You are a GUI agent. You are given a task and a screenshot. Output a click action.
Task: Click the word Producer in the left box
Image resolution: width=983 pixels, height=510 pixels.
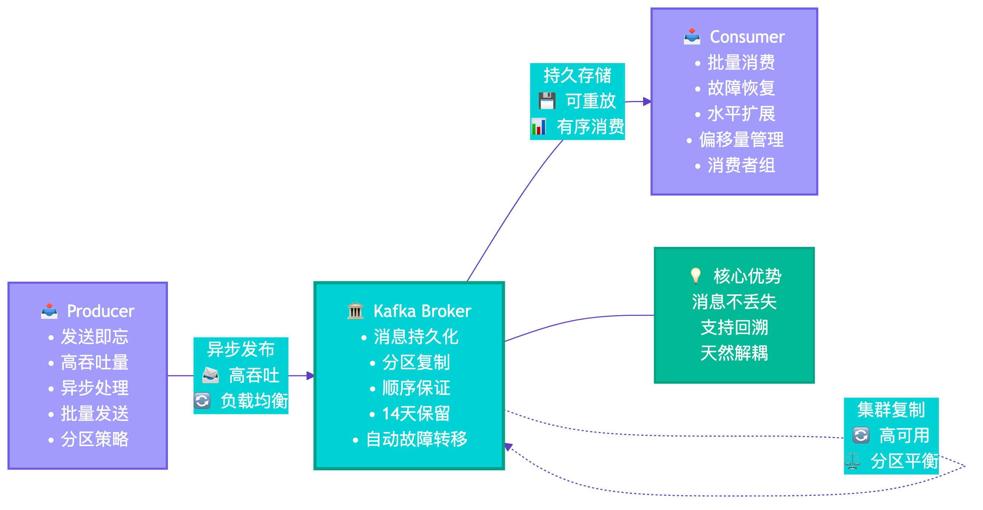click(100, 311)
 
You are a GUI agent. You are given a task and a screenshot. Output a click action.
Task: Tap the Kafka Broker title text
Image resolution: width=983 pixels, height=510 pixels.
click(422, 311)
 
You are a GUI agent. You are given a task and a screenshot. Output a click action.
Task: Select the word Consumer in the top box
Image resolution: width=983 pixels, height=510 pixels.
click(747, 37)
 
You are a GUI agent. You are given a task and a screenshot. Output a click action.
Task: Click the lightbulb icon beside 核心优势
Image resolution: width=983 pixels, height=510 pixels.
click(695, 275)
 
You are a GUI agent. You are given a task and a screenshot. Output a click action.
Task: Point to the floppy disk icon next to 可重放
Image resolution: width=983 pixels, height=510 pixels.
click(547, 101)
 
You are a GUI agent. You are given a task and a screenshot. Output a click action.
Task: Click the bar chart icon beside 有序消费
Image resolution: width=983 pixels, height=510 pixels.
click(539, 127)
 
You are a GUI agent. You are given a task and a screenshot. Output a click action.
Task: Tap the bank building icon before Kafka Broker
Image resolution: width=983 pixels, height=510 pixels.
click(355, 311)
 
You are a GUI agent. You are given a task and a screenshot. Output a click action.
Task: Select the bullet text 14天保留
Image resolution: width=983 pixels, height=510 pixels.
click(416, 414)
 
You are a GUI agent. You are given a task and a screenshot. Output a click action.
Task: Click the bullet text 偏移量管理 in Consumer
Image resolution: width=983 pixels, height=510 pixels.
click(741, 140)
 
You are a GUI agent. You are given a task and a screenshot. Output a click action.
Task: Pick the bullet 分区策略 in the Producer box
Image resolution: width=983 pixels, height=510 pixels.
click(95, 439)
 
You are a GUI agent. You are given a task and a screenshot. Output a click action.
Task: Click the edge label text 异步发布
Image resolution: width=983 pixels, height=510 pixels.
click(241, 349)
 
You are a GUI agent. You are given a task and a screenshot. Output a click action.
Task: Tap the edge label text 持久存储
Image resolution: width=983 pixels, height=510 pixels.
click(577, 75)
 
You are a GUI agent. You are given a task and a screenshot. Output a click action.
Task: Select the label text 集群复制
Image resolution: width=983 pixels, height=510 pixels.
click(891, 410)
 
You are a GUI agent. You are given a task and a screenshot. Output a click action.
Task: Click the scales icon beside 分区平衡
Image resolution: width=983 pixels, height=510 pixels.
click(853, 461)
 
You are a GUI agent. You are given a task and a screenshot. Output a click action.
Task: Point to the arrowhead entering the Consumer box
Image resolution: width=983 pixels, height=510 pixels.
click(647, 102)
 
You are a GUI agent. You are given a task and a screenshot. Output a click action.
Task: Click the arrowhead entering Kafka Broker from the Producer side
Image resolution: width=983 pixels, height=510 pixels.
click(310, 376)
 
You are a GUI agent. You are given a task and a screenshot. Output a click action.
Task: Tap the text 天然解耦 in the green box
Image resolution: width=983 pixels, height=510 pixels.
click(734, 353)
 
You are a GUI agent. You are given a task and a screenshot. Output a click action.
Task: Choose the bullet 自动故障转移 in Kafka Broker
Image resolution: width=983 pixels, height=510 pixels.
click(416, 439)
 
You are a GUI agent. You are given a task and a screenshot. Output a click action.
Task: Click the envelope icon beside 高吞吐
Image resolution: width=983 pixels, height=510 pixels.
click(210, 375)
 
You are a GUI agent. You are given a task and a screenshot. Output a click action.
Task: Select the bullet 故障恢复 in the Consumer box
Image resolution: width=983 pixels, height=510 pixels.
click(741, 88)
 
